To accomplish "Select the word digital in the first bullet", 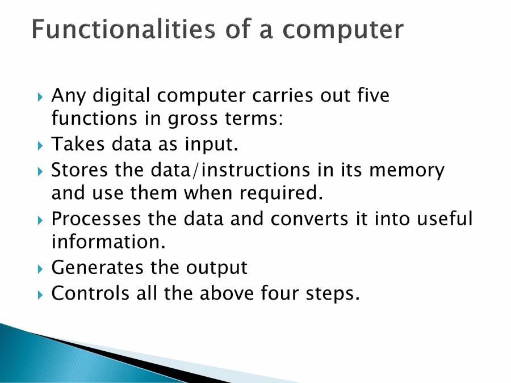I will point(121,96).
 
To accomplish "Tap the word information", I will point(108,242).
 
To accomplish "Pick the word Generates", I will point(97,267).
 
